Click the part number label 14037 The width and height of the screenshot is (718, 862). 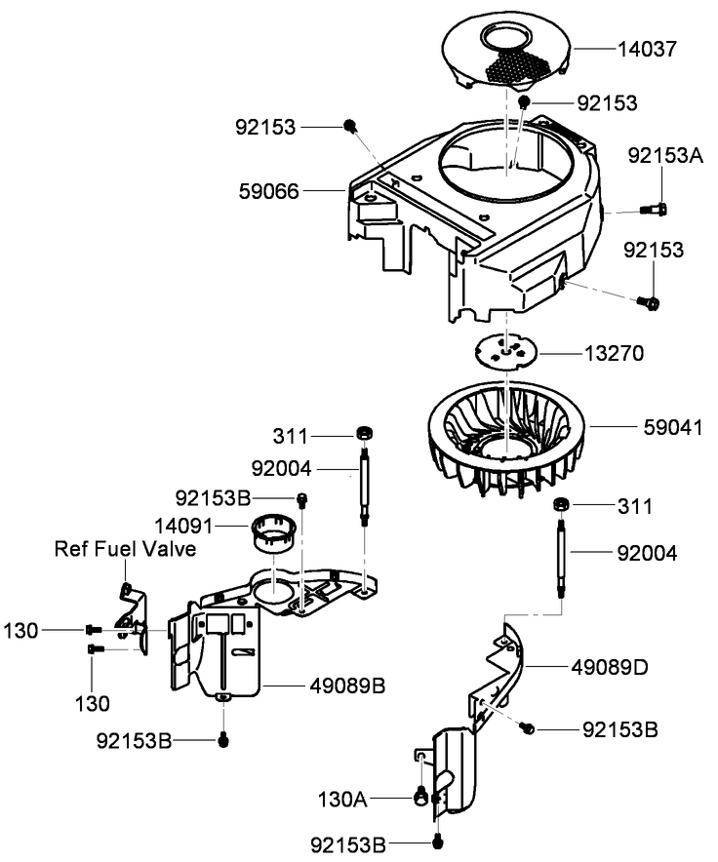tap(650, 46)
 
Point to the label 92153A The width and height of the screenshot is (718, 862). tap(664, 155)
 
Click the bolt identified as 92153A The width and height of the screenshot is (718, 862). tap(655, 208)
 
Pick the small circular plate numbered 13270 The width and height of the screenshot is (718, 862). tap(508, 351)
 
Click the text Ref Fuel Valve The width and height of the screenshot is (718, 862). tap(126, 549)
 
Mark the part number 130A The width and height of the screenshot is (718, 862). tap(343, 799)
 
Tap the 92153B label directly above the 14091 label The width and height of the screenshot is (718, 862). tap(212, 498)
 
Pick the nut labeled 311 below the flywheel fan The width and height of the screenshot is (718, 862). tap(562, 504)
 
